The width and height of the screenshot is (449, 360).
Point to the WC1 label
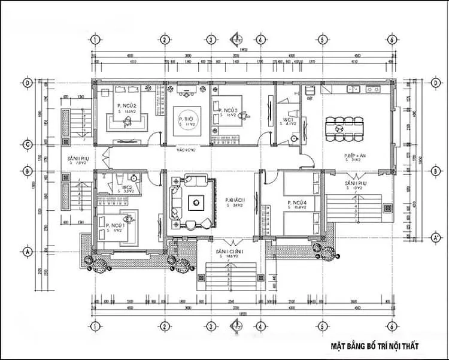(287, 120)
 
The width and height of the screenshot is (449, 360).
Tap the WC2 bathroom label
(127, 187)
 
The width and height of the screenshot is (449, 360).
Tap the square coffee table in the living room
(196, 202)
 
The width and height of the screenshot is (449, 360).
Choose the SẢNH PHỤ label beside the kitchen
(356, 183)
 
